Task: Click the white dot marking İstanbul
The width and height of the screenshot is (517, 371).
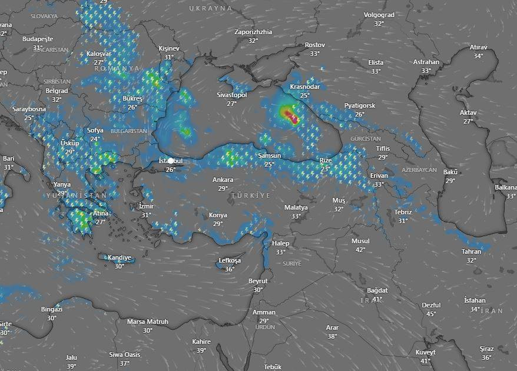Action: pos(171,160)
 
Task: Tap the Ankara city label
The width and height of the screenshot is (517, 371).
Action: pos(223,180)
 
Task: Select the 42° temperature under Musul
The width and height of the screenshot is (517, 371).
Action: pos(360,250)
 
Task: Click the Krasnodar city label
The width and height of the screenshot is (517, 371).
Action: pos(304,87)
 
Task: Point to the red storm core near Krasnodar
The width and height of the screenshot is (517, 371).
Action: pos(288,114)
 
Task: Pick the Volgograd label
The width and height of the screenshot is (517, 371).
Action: pos(379,15)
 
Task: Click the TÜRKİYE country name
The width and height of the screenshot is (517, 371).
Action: pos(250,195)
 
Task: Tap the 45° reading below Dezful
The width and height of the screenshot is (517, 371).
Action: pos(431,314)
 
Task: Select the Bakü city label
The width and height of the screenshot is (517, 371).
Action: pos(450,172)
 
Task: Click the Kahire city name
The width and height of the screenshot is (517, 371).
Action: pos(201,342)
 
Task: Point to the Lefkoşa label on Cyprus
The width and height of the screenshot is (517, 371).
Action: pos(230,260)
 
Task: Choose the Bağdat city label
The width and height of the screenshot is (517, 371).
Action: pos(377,290)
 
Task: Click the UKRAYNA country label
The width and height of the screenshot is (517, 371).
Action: pos(211,8)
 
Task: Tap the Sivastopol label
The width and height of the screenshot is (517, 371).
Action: pos(232,95)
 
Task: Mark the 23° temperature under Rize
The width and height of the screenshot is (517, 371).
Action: pos(325,169)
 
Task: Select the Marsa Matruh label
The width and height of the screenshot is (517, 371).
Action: pos(148,322)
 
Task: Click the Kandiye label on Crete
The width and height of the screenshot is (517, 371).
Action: pos(119,257)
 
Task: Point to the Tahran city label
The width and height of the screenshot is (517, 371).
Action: pos(472,251)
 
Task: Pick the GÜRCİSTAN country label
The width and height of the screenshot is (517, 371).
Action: pos(366,138)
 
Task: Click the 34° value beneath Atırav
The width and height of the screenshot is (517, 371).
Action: pos(478,56)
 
